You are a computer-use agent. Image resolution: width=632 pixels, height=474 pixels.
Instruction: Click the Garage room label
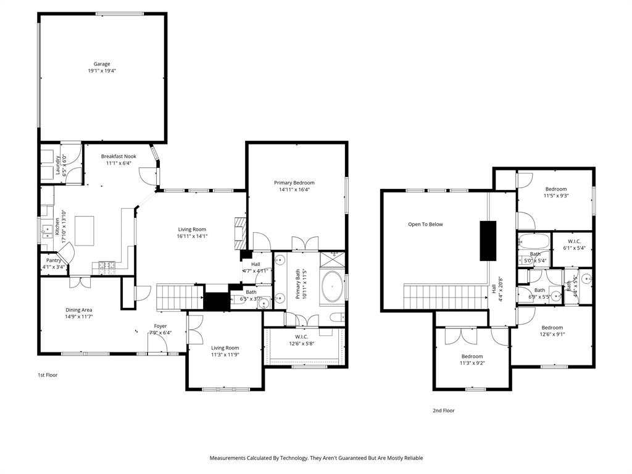(102, 64)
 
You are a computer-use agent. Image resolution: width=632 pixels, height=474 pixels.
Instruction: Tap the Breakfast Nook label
(118, 156)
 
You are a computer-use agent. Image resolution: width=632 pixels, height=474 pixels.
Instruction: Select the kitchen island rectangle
(85, 230)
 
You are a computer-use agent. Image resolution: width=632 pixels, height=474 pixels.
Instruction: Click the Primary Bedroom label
(294, 183)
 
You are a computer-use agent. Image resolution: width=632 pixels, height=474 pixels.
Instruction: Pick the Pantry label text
(54, 260)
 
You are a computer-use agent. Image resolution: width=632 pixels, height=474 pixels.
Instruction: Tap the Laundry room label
(59, 165)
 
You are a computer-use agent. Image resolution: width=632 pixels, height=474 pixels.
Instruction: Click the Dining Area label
(79, 310)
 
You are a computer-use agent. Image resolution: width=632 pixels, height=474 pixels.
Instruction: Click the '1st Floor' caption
(48, 375)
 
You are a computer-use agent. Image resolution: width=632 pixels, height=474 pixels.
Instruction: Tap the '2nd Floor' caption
(444, 410)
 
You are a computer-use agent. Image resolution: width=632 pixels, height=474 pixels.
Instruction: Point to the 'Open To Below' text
(425, 224)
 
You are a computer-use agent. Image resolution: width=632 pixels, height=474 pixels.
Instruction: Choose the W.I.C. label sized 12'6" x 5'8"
(302, 336)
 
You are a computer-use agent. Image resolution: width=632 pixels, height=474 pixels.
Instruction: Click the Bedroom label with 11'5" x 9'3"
(555, 189)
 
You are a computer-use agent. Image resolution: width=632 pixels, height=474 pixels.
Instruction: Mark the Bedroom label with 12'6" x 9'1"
(552, 328)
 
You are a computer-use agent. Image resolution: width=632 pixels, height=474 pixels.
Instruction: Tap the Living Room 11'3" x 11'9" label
(225, 347)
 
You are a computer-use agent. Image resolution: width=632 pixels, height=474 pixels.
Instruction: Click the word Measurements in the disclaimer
(230, 458)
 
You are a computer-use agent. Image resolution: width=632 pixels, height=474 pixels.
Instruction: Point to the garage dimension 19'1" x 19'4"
(102, 71)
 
